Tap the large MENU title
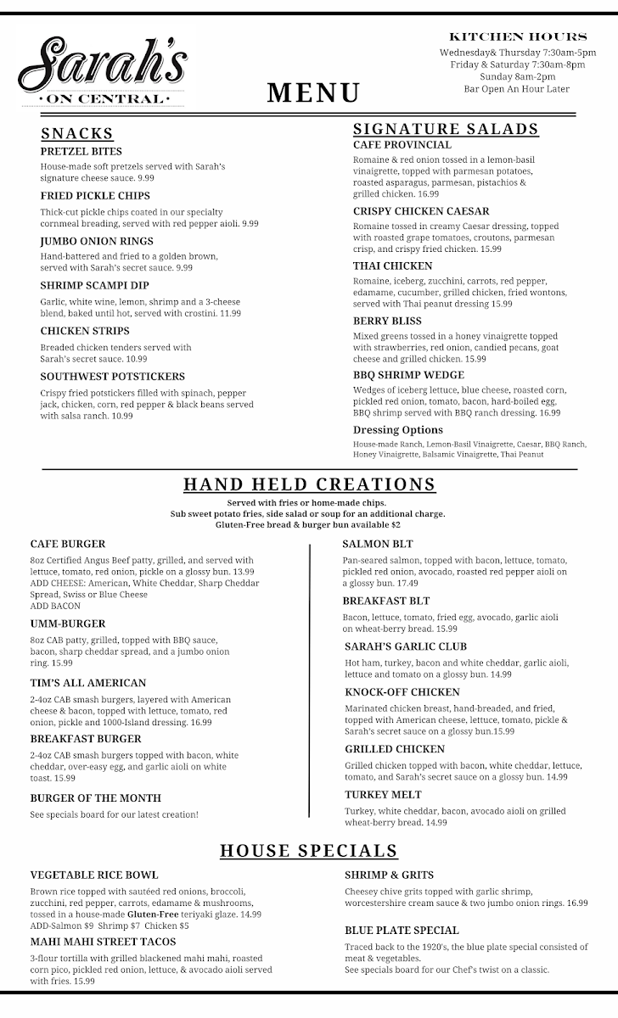point(314,92)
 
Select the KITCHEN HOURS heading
point(517,36)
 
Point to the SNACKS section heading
point(77,133)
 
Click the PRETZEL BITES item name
point(81,151)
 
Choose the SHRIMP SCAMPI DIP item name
point(94,285)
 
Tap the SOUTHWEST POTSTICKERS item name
point(112,376)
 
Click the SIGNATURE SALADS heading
point(446,129)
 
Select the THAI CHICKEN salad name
point(392,266)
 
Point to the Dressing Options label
point(398,430)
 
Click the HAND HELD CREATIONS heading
point(310,484)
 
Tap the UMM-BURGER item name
point(68,624)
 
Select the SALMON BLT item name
point(378,544)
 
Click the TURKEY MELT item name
point(383,795)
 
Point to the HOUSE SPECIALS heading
point(309,850)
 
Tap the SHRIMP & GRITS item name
point(389,875)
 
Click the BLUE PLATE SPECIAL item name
point(402,930)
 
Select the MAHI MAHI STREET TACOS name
point(104,942)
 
